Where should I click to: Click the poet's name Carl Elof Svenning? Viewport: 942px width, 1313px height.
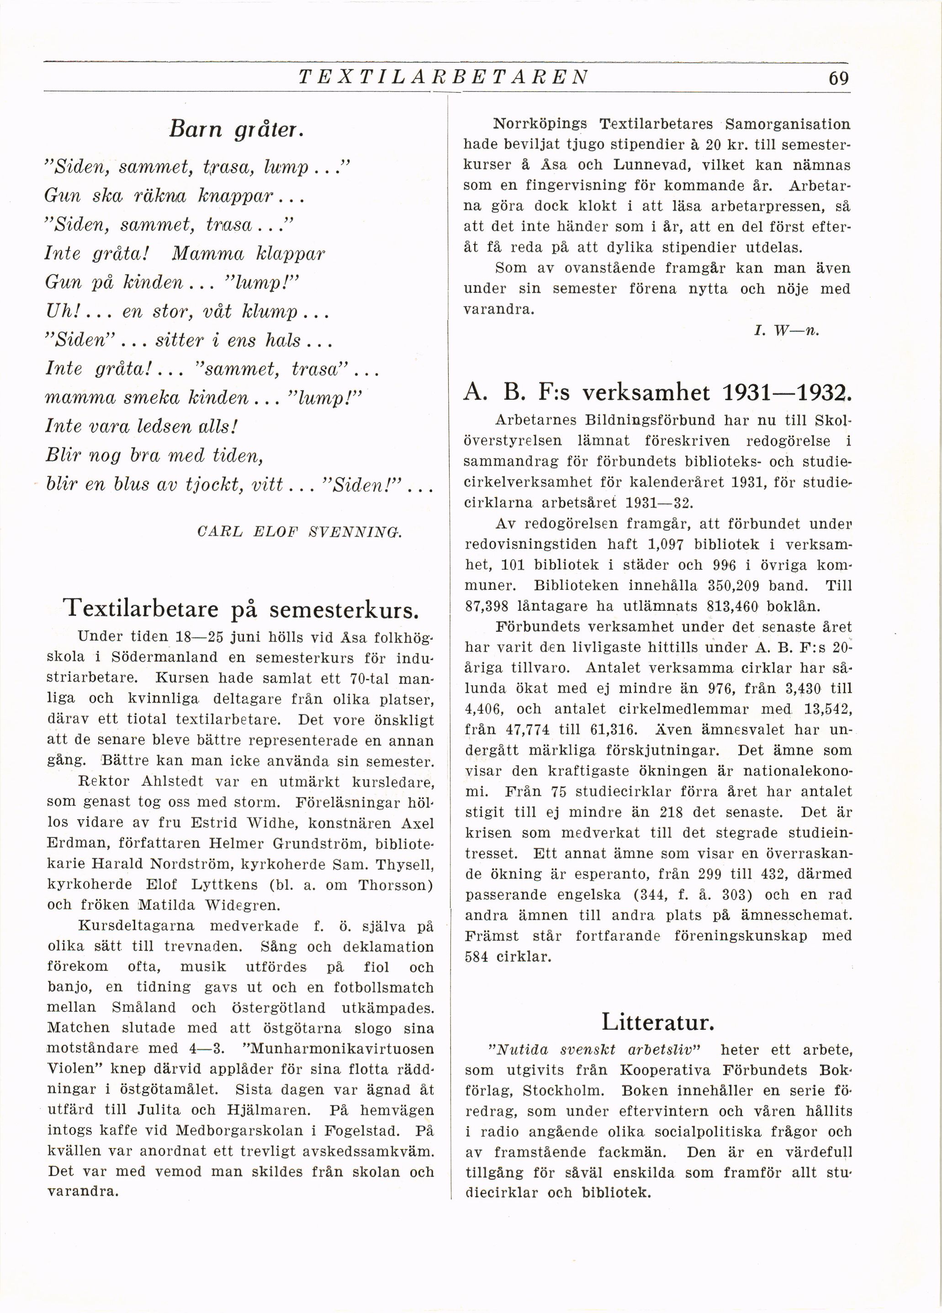[299, 531]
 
